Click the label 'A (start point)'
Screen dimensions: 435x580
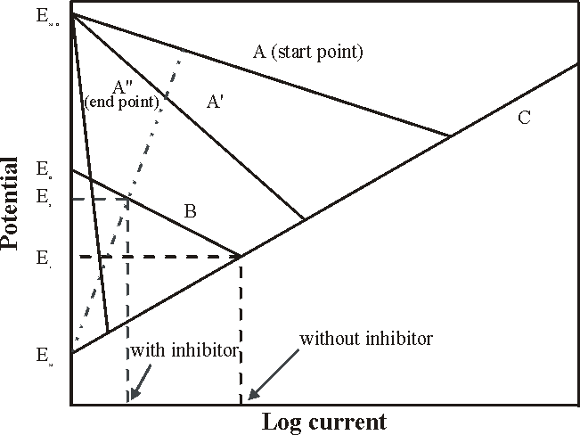point(307,52)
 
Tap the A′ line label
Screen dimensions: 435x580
point(215,102)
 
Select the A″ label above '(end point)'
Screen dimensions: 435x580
point(125,86)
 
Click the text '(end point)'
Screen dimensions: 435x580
point(122,103)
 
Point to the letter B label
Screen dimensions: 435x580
point(190,212)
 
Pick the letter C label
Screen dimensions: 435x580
point(524,118)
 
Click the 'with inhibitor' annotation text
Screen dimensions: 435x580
point(185,349)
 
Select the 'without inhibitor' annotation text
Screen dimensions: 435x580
point(366,339)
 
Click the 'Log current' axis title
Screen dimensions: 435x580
point(324,421)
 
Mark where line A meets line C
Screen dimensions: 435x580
point(450,135)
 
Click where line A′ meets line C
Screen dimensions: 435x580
point(305,219)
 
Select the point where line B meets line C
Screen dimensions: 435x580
point(241,257)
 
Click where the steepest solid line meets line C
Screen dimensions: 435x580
point(108,332)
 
